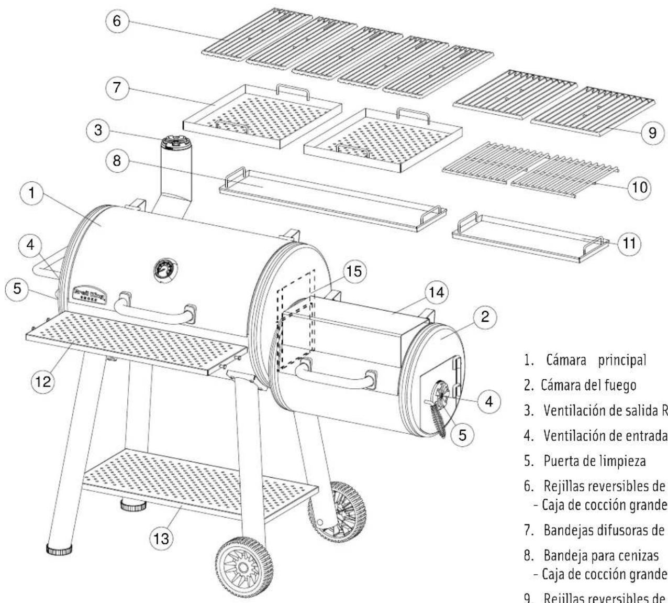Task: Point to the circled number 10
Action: click(x=637, y=187)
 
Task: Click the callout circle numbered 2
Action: click(x=486, y=316)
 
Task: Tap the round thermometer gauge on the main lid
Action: click(x=164, y=271)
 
